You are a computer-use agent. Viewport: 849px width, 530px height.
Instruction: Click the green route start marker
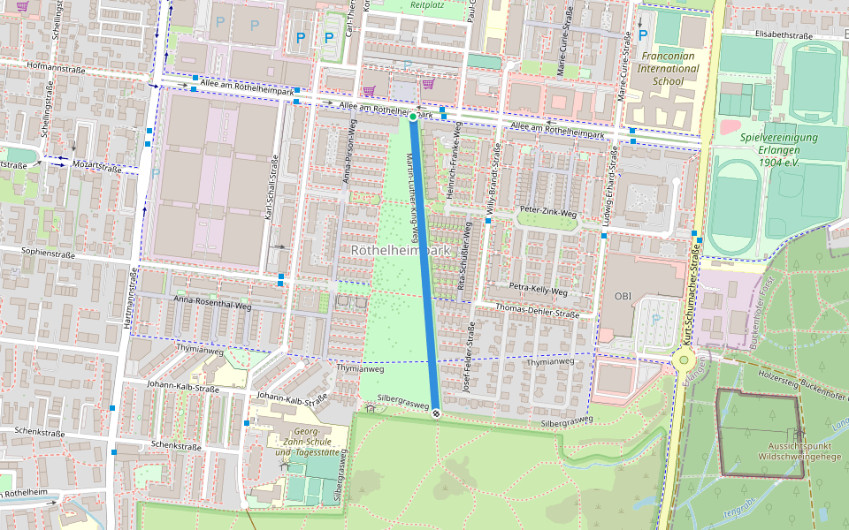coord(413,117)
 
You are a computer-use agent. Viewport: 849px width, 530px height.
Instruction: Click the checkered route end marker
coord(436,412)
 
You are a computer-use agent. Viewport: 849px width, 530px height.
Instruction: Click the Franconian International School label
coord(669,68)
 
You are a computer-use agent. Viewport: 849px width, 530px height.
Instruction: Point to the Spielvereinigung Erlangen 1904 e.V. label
coord(779,150)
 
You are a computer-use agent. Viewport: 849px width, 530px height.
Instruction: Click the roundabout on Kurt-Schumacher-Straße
coord(683,360)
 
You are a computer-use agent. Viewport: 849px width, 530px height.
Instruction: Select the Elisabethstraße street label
coord(784,35)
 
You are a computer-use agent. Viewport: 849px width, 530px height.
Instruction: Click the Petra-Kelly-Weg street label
coord(539,289)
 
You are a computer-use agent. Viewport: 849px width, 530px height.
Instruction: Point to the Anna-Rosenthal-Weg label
coord(213,299)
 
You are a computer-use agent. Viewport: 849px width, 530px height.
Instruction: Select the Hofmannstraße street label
coord(60,65)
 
